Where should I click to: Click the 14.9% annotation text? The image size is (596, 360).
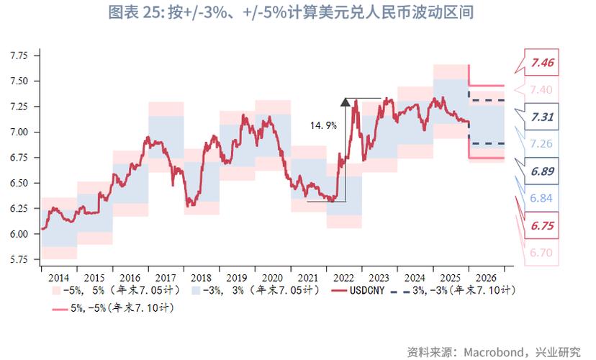click(x=323, y=125)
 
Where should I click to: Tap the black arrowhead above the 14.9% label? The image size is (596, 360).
click(x=345, y=102)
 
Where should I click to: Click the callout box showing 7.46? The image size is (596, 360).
click(x=542, y=63)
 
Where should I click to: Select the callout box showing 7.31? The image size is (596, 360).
click(x=542, y=117)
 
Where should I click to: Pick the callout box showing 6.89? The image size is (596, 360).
click(x=542, y=171)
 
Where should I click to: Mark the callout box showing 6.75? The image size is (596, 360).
click(x=542, y=225)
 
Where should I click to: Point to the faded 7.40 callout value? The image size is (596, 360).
click(x=541, y=89)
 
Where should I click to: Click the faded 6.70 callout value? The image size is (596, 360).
click(x=541, y=252)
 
